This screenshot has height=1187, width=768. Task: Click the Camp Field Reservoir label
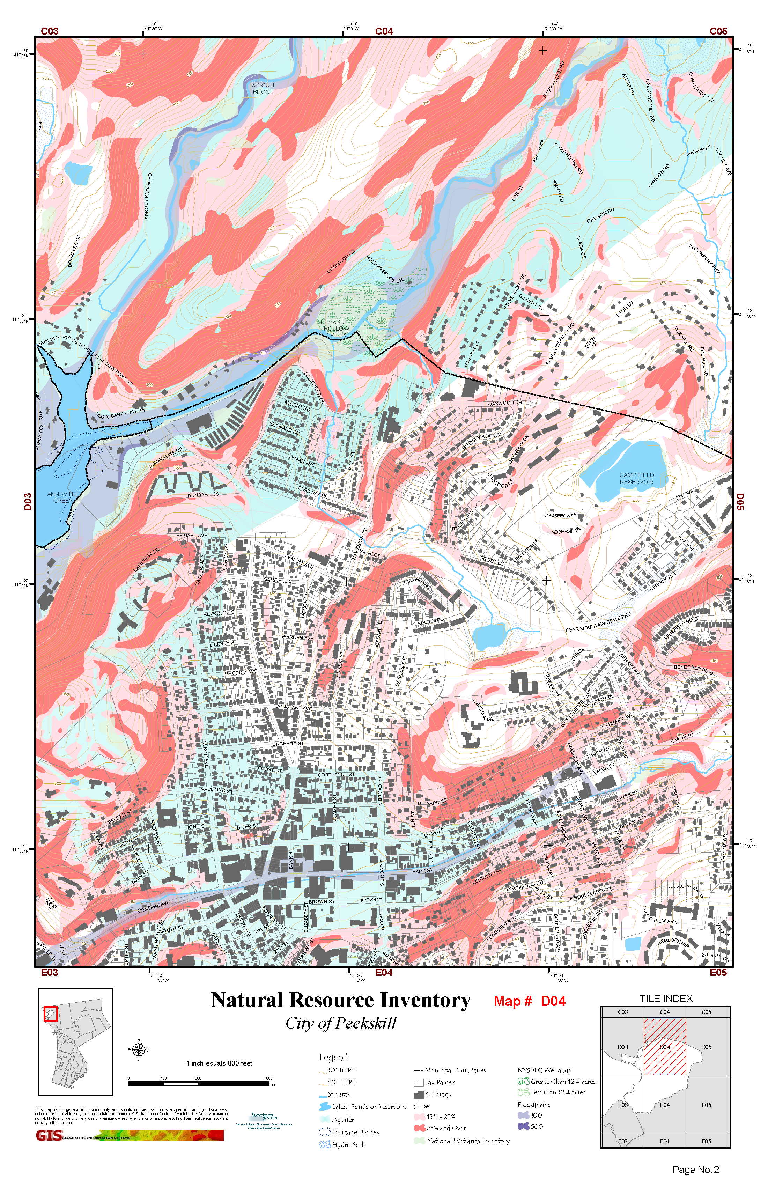636,478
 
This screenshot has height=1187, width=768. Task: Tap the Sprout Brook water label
263,88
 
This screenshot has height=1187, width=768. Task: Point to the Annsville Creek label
63,497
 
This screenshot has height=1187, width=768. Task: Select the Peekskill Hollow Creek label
336,328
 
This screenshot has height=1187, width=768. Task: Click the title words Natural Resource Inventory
341,1000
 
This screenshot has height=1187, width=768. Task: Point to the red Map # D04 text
530,1001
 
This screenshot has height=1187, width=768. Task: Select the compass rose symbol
139,1049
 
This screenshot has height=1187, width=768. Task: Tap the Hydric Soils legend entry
349,1145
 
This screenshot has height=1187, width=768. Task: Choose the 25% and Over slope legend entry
445,1128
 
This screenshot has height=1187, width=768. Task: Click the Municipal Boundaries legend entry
454,1070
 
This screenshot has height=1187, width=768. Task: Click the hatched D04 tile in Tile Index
664,1046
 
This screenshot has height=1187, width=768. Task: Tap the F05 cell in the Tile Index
706,1141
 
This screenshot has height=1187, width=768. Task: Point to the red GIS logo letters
49,1136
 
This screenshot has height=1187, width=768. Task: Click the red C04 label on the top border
384,31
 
